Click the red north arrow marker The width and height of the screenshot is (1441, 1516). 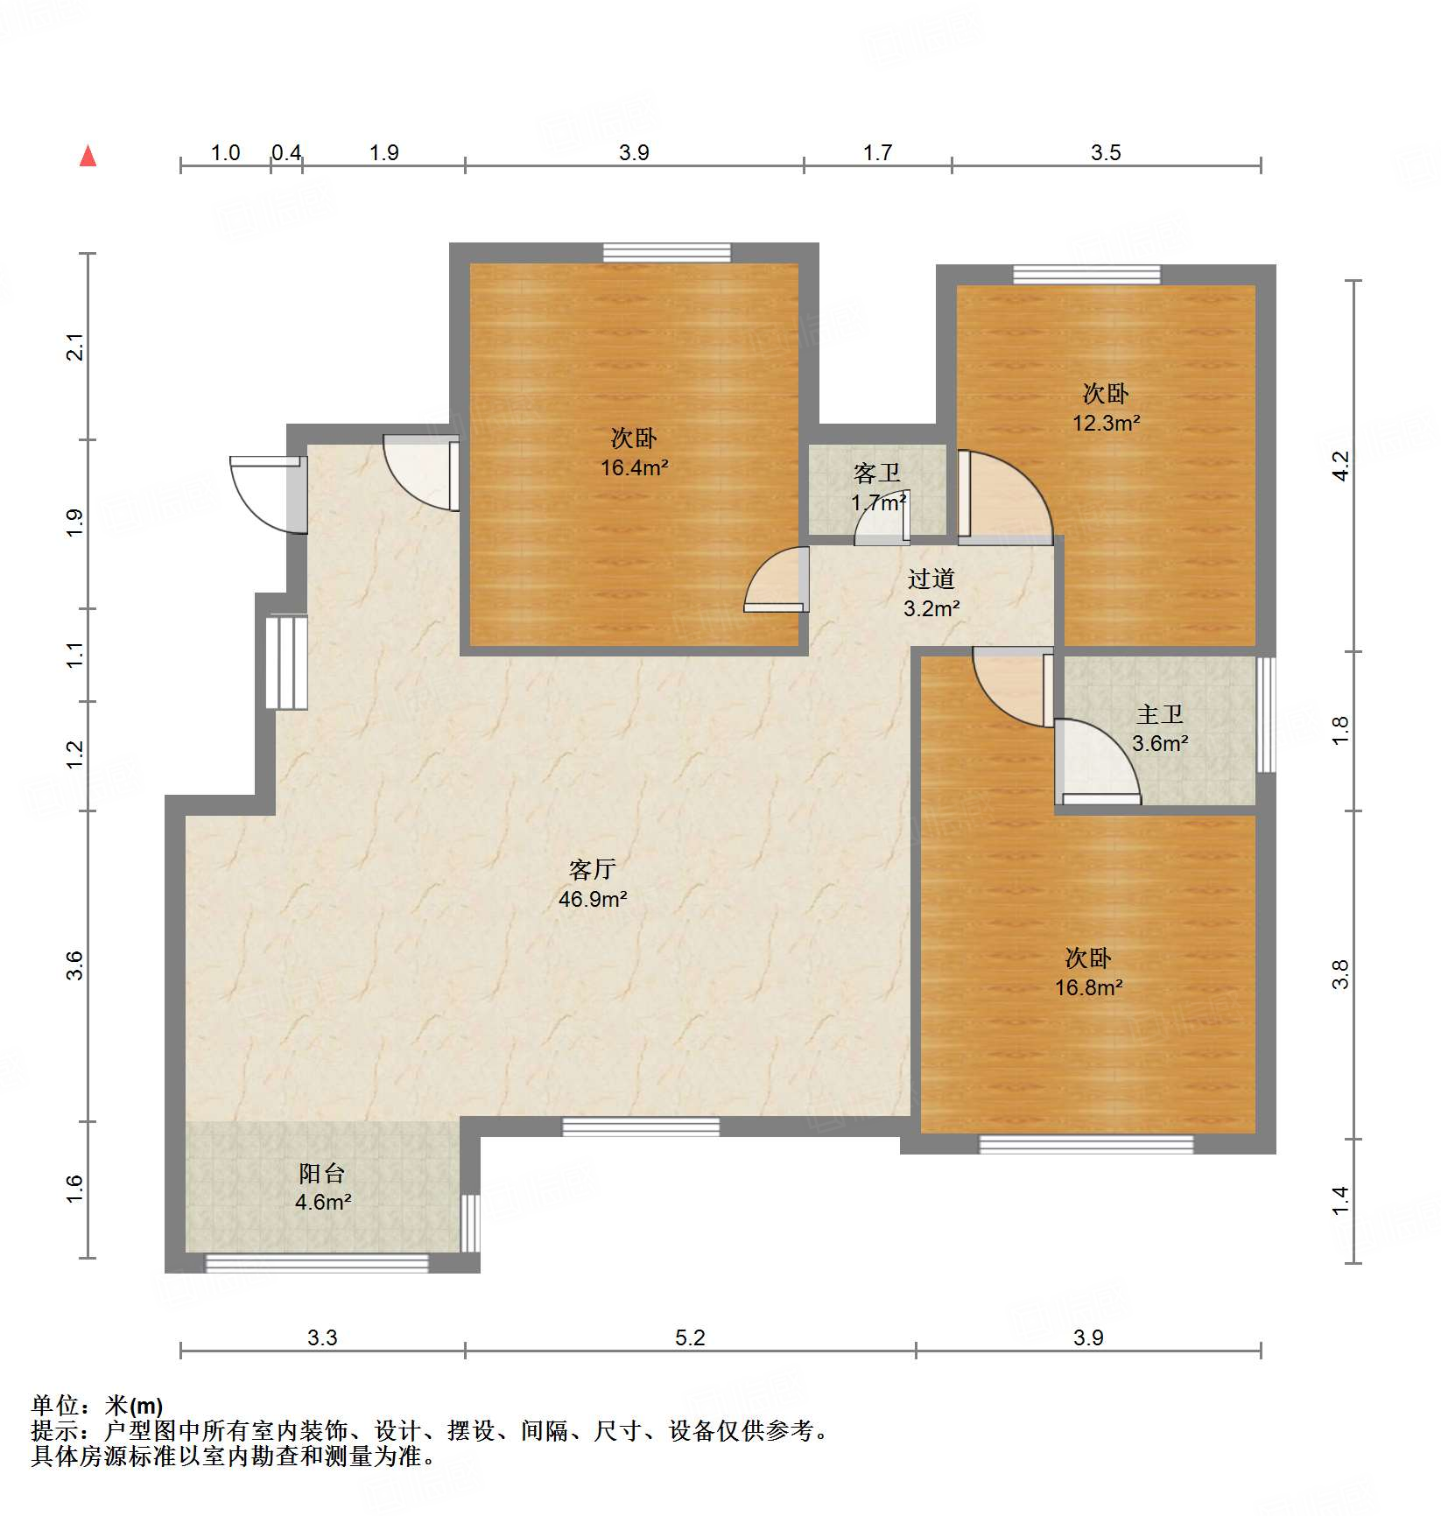coord(88,156)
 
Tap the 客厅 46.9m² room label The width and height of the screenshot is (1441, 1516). coord(593,884)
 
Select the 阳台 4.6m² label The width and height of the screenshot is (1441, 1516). coord(322,1188)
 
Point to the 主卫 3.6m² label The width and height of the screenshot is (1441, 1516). coord(1160,729)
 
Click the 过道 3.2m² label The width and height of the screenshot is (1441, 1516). coord(931,593)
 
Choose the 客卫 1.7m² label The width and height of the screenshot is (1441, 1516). coord(878,488)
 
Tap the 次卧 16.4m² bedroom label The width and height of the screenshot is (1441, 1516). coord(634,453)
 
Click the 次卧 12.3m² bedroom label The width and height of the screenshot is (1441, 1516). coord(1106,408)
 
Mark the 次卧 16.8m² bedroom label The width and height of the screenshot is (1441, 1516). coord(1088,972)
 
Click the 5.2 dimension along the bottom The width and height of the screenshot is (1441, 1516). coord(690,1337)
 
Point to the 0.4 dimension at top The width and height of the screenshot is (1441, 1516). coord(286,153)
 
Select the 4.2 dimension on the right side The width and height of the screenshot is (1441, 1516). coord(1340,465)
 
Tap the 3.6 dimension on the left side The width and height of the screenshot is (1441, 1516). coord(75,965)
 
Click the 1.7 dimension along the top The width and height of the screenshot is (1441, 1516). coord(877,153)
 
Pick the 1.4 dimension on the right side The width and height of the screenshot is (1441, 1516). coord(1340,1201)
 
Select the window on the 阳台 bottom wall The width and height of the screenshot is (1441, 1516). coord(317,1263)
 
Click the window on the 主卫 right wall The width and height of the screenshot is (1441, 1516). coord(1266,714)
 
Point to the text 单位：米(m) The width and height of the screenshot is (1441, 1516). coord(96,1406)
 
